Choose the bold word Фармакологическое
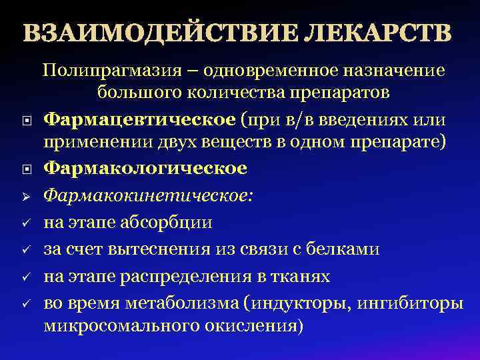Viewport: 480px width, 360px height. (x=145, y=169)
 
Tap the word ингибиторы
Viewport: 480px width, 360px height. (x=411, y=303)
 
